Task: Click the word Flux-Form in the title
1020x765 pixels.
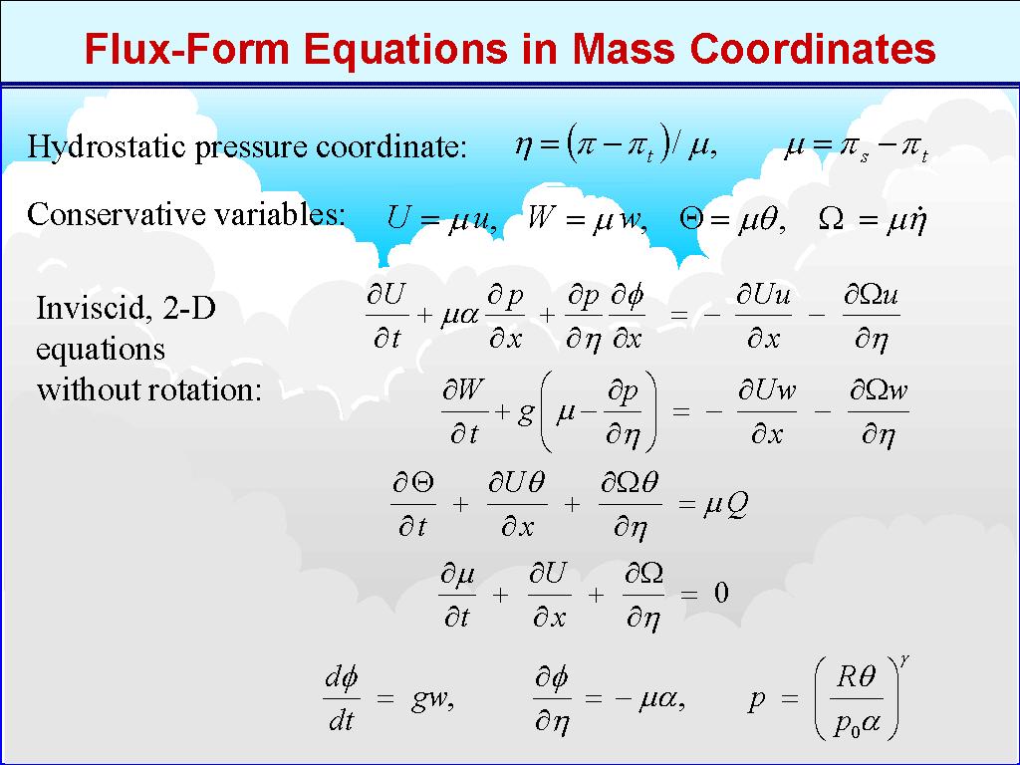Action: (186, 48)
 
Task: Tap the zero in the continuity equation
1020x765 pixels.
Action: (721, 593)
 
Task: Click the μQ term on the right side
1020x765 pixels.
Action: (725, 503)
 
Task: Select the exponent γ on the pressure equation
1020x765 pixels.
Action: (904, 661)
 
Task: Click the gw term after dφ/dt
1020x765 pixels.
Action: (432, 699)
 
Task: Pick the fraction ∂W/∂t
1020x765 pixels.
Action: (464, 411)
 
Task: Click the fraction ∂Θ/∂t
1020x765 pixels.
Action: (412, 504)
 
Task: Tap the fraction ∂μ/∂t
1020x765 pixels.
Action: (457, 594)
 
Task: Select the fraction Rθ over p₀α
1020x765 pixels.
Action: (856, 699)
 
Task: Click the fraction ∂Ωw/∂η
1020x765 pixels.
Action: (879, 412)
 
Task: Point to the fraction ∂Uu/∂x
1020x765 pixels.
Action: (764, 316)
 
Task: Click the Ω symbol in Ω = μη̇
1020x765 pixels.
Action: (831, 220)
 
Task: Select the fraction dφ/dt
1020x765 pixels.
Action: (342, 699)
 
